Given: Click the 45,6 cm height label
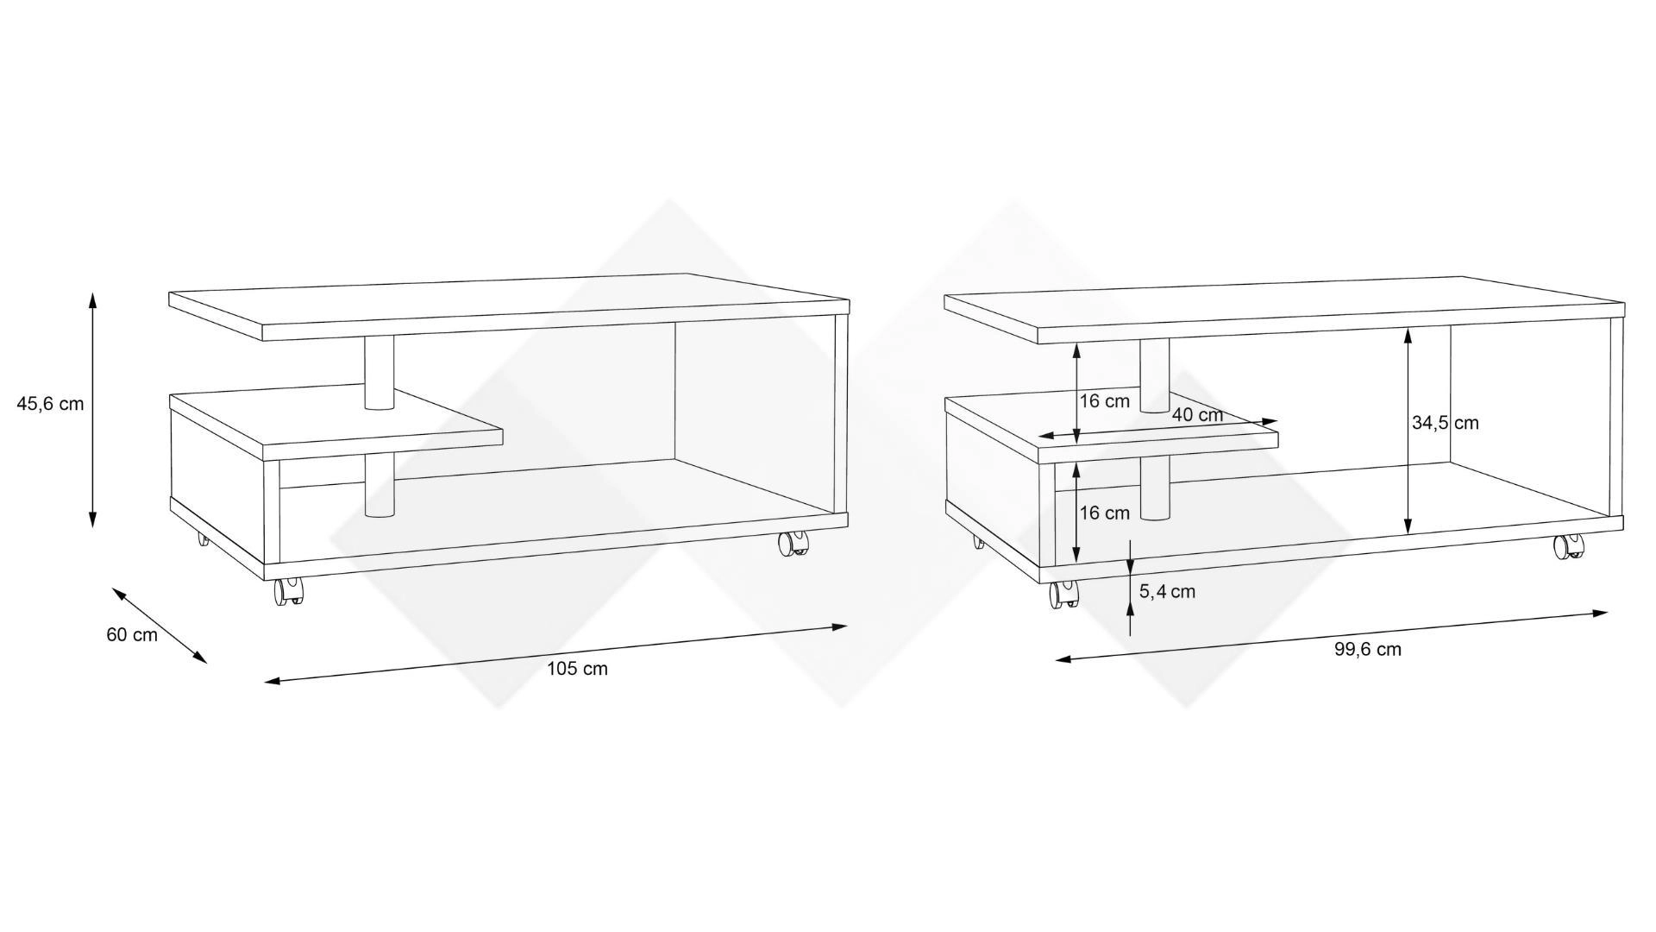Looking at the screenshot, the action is click(50, 403).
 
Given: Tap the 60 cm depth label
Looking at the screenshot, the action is click(132, 635).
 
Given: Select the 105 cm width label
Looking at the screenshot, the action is click(577, 669).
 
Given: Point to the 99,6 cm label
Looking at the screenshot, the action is click(1368, 650).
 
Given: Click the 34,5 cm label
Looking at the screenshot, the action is click(1445, 423).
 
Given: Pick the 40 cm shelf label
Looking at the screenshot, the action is click(1197, 415).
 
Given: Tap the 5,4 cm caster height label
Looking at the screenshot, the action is click(1167, 592).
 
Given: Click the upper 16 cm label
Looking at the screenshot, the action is click(1104, 401).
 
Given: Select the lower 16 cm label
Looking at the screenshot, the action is click(1104, 513).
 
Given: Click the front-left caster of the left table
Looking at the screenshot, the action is click(289, 592).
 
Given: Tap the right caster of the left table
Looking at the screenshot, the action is click(793, 543).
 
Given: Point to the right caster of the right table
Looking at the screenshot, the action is click(1569, 546).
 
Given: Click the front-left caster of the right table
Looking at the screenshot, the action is click(1064, 594).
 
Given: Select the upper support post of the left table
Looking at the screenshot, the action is click(379, 372).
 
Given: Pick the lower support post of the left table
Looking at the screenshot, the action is click(379, 485).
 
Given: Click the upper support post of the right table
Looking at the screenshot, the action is click(1155, 375).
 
